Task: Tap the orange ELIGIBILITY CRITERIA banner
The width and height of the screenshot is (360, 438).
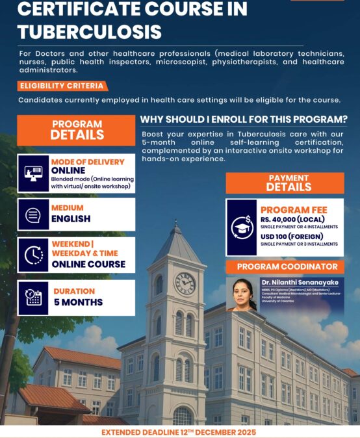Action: pyautogui.click(x=62, y=86)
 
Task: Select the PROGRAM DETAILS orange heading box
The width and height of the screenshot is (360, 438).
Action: pyautogui.click(x=77, y=130)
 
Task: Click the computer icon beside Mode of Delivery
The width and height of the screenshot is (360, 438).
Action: pyautogui.click(x=33, y=174)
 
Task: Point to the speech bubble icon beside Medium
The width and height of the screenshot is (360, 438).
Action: pyautogui.click(x=33, y=214)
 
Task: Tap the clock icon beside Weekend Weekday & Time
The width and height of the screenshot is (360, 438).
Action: pyautogui.click(x=33, y=255)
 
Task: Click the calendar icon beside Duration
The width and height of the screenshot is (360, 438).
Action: pyautogui.click(x=33, y=298)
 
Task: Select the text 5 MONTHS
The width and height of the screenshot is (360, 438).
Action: pyautogui.click(x=78, y=303)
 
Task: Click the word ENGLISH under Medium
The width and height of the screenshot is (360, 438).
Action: pyautogui.click(x=71, y=219)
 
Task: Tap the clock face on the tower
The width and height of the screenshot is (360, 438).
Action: pyautogui.click(x=185, y=283)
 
